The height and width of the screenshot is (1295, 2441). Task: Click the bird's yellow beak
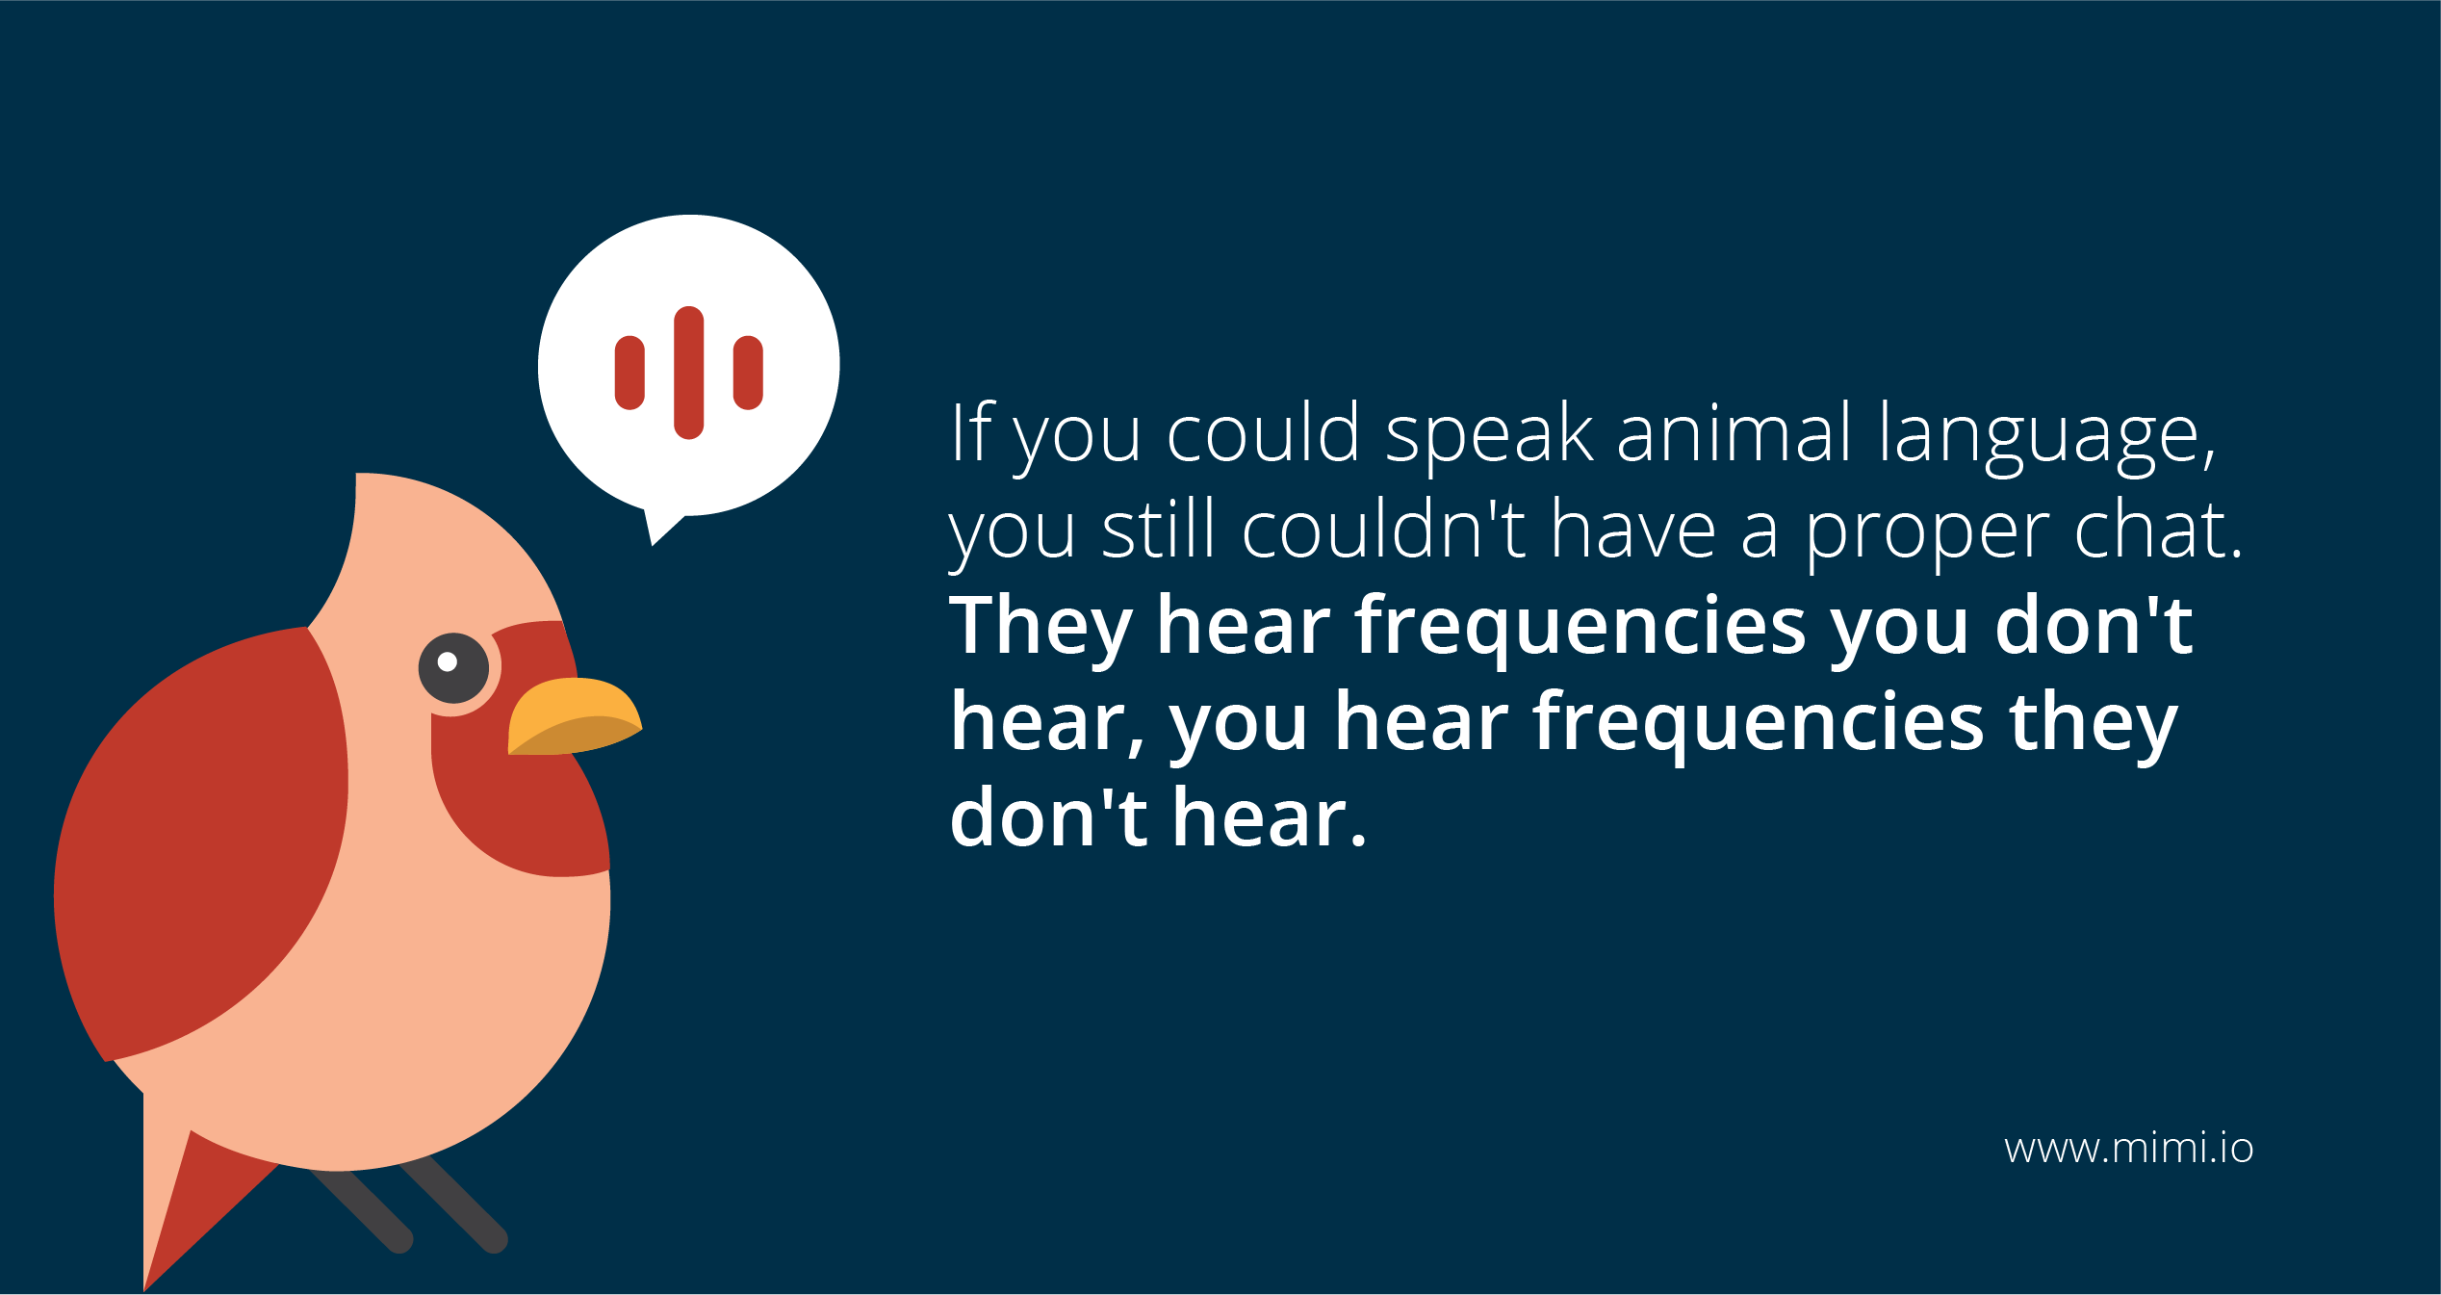coord(574,717)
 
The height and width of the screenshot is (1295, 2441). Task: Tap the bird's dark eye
coord(453,668)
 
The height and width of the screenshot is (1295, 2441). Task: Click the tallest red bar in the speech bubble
coord(689,373)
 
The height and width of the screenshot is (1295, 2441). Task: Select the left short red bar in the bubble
coord(630,373)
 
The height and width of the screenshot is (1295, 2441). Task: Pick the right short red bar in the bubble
coord(748,373)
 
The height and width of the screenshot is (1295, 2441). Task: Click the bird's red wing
coord(202,842)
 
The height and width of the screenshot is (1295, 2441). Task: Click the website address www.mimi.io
coord(2129,1149)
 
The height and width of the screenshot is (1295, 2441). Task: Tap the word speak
coord(1489,438)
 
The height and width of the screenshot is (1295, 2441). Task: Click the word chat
coord(2159,529)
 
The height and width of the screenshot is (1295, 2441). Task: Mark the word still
coord(1160,529)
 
